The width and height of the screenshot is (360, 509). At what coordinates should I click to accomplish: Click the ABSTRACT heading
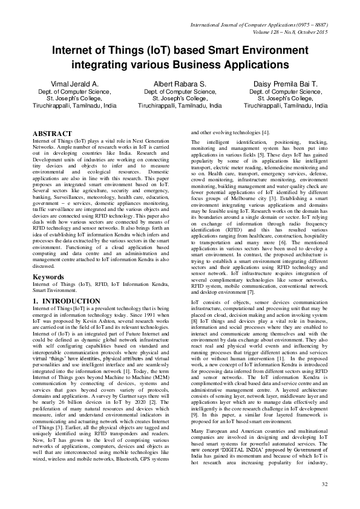[52, 133]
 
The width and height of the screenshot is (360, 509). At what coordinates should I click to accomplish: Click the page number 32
[324, 484]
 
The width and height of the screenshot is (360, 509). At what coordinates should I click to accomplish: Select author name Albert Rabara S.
[180, 84]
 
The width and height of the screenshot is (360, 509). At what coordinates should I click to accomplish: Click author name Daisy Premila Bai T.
[285, 84]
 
